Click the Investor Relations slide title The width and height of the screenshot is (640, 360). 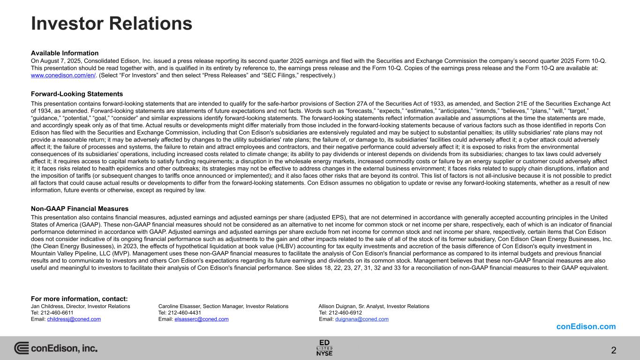click(x=112, y=23)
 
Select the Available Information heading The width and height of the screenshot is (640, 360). click(x=65, y=53)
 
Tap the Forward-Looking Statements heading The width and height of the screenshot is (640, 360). click(x=77, y=94)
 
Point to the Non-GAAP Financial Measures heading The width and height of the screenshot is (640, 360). click(x=80, y=209)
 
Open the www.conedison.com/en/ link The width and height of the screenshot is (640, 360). click(x=63, y=75)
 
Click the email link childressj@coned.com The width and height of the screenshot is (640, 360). click(x=74, y=319)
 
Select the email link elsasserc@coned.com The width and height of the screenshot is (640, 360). click(x=202, y=319)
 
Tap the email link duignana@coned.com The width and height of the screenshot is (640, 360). click(x=362, y=319)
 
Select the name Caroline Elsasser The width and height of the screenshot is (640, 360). click(x=180, y=306)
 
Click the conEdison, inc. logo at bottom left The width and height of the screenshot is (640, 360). click(x=56, y=348)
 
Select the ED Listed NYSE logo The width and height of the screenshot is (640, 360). click(x=324, y=347)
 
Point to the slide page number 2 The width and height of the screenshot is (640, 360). click(x=613, y=350)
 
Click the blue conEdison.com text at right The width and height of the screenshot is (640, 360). click(x=586, y=327)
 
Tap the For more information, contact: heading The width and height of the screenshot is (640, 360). click(x=79, y=299)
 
